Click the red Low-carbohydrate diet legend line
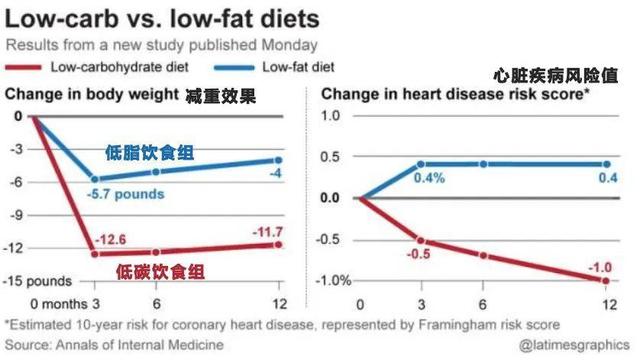tap(23, 68)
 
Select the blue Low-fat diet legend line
tap(234, 68)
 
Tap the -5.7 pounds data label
tap(125, 194)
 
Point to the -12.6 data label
tap(110, 239)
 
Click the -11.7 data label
tap(267, 232)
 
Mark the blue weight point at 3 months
tap(95, 179)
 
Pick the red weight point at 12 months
tap(278, 245)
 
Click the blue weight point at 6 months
tap(156, 172)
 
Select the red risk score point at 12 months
tap(606, 281)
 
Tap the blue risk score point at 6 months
tap(483, 164)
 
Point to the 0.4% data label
tap(429, 178)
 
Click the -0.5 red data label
tap(418, 254)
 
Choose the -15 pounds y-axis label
tap(37, 281)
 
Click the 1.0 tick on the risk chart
tap(330, 116)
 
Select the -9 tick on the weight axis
tap(17, 215)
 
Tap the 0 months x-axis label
tap(59, 304)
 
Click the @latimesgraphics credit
tap(574, 345)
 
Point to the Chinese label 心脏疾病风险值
tap(556, 76)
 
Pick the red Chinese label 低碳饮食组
tap(160, 272)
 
